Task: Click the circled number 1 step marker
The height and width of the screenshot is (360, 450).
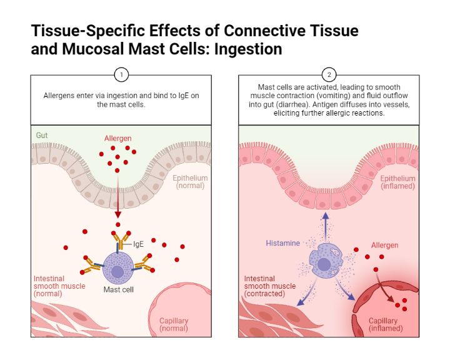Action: tap(121, 75)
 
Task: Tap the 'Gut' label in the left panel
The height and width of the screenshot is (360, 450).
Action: tap(42, 135)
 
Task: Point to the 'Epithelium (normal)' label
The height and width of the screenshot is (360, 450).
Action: tap(190, 182)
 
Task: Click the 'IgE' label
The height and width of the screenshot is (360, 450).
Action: tap(139, 244)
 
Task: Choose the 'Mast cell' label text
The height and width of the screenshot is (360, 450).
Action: tap(118, 289)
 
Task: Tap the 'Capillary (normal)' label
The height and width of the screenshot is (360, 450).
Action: tap(174, 324)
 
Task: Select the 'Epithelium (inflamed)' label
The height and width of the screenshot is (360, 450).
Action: tap(397, 182)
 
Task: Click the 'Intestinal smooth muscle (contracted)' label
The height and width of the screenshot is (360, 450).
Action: tap(270, 286)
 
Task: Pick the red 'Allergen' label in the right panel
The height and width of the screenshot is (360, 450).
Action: tap(384, 245)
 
